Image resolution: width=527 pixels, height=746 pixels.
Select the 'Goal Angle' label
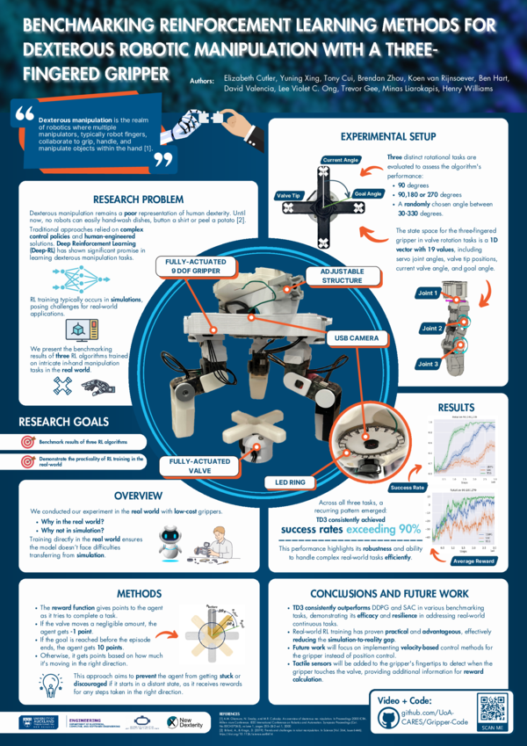[x=367, y=193]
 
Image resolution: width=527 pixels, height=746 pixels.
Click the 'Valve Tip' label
[x=290, y=195]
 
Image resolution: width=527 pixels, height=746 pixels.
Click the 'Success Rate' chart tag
[x=408, y=487]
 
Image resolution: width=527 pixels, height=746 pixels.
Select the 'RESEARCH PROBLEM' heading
[x=138, y=199]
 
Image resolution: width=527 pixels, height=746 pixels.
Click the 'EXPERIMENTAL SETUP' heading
[x=387, y=137]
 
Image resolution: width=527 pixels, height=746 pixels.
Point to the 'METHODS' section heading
[x=138, y=593]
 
